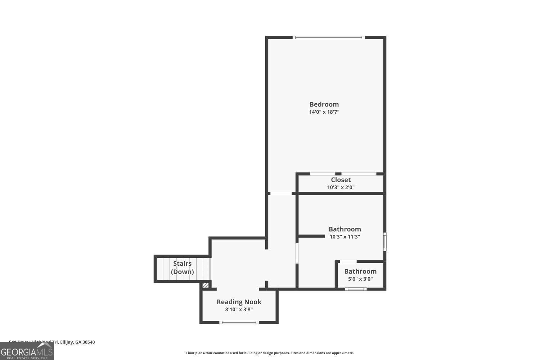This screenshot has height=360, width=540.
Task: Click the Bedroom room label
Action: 324,104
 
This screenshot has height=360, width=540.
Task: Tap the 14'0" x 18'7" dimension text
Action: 324,112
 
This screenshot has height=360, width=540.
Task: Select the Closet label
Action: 341,180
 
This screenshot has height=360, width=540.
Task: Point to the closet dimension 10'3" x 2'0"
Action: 341,187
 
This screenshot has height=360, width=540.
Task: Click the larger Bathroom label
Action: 345,229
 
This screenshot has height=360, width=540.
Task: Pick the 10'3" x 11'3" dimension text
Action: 345,237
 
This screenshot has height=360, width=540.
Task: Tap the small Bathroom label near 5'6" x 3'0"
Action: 360,271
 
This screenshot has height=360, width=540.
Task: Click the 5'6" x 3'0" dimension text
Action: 360,279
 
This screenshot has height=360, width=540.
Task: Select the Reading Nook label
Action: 239,302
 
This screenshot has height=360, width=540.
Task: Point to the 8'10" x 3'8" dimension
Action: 239,310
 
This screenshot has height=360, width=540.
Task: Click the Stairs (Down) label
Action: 182,267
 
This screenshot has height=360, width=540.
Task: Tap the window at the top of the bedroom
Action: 328,37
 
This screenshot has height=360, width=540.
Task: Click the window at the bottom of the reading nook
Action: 239,322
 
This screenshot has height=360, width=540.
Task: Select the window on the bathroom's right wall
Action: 384,242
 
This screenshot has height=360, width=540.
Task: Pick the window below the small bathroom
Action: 356,289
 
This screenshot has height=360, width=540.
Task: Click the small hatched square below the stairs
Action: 205,285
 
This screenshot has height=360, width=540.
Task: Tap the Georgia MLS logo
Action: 27,351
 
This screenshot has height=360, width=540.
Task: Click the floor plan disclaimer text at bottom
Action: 270,353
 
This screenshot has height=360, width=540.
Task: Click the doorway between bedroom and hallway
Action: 281,194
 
